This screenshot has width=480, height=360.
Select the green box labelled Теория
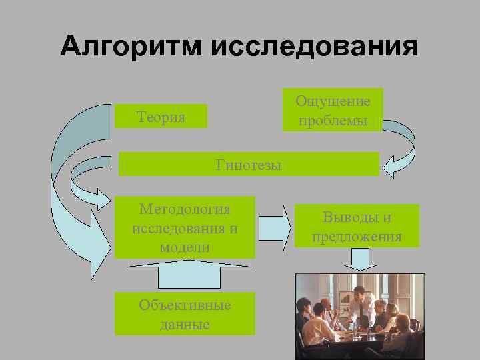pyautogui.click(x=161, y=117)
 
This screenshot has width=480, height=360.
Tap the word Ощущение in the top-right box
pyautogui.click(x=333, y=101)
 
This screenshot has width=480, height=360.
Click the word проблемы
pyautogui.click(x=333, y=121)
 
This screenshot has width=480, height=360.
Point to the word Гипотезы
pyautogui.click(x=249, y=165)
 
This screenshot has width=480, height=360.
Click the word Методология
pyautogui.click(x=185, y=209)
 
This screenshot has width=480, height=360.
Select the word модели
pyautogui.click(x=185, y=247)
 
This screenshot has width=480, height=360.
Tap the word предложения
pyautogui.click(x=357, y=237)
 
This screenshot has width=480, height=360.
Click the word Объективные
pyautogui.click(x=185, y=305)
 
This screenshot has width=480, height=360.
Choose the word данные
pyautogui.click(x=185, y=325)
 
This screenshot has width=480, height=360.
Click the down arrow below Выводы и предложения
pyautogui.click(x=360, y=259)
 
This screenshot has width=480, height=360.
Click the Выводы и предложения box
pyautogui.click(x=357, y=226)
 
